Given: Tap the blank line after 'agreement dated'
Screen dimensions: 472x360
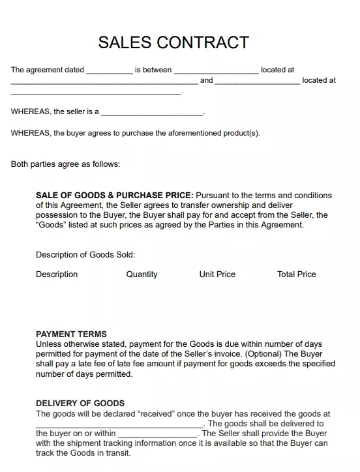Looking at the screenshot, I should pos(110,70).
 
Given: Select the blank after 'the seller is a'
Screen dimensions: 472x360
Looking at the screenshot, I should pos(153,112).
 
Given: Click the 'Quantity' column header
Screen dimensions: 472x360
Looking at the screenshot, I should pos(142,274).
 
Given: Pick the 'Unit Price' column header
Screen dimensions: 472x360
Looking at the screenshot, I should pos(217,274).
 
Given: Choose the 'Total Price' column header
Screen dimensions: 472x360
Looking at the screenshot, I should pos(296,274).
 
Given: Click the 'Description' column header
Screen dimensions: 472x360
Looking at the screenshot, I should pos(57,274).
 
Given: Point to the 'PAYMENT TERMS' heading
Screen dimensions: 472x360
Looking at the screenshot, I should pos(71,334).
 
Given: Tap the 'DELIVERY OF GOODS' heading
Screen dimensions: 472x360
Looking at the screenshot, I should pos(80,404).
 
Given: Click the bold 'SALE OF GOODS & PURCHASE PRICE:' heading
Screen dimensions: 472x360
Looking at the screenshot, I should pos(114,196).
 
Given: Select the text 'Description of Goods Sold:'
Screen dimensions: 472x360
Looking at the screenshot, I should pos(85,255).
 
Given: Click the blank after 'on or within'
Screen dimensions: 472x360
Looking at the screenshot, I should pos(158,434).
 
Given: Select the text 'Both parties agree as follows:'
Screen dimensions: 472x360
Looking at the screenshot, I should pos(65,164).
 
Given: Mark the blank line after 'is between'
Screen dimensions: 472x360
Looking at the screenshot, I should pos(216,70).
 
